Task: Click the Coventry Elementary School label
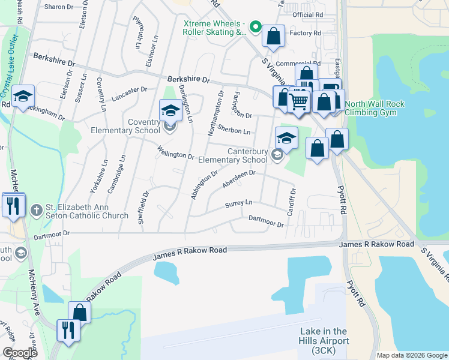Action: click(125, 127)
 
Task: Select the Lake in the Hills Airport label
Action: click(324, 340)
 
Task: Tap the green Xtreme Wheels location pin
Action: click(255, 27)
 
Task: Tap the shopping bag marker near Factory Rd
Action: click(274, 36)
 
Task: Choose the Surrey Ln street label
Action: click(238, 204)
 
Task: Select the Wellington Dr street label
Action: click(176, 152)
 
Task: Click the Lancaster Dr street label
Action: click(129, 91)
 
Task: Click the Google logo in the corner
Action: click(20, 353)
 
